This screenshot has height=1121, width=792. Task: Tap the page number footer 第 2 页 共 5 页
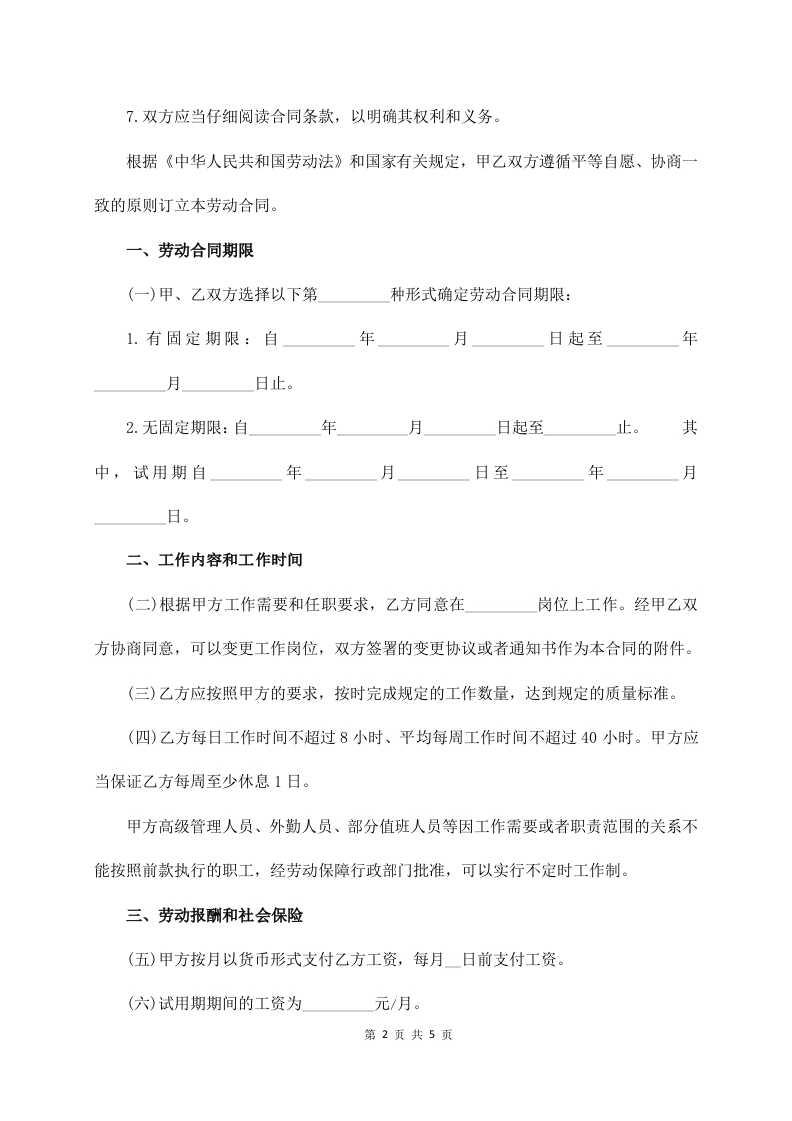[x=396, y=1034]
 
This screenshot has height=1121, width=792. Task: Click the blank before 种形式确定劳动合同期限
[x=353, y=295]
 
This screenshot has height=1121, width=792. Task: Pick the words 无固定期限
[x=185, y=428]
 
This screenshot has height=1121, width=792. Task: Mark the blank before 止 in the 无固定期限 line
[x=581, y=428]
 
